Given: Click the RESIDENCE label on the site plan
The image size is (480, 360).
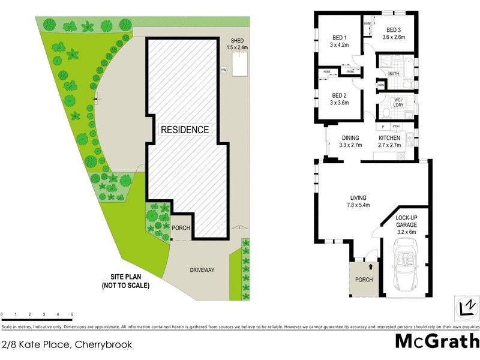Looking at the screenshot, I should click(185, 129).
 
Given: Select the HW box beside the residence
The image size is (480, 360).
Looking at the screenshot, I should click(223, 70).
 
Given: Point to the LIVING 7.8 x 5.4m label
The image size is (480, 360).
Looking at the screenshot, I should click(358, 202).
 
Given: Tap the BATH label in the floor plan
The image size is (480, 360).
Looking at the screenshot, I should click(394, 74).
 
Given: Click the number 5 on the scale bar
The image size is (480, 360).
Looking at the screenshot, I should click(72, 314).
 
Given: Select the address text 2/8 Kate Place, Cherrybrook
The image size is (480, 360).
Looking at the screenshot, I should click(67, 344).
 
